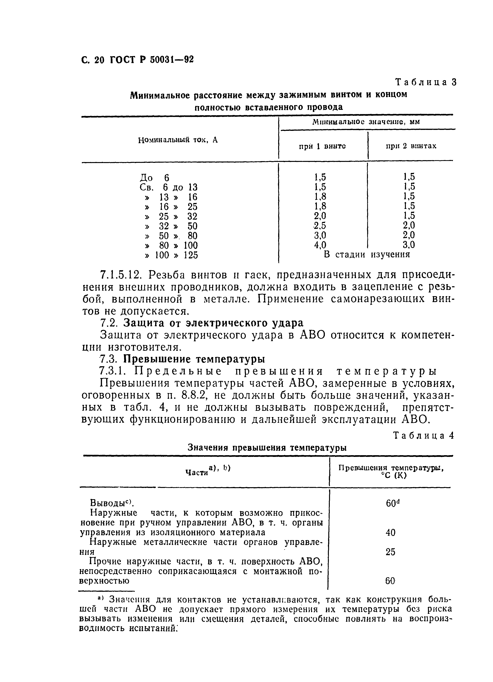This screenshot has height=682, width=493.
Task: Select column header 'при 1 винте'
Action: [322, 146]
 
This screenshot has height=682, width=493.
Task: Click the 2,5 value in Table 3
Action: [320, 225]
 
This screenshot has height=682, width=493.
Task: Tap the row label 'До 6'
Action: [155, 177]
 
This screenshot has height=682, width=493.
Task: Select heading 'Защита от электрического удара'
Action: [214, 323]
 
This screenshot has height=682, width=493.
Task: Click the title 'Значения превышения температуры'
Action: [267, 448]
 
